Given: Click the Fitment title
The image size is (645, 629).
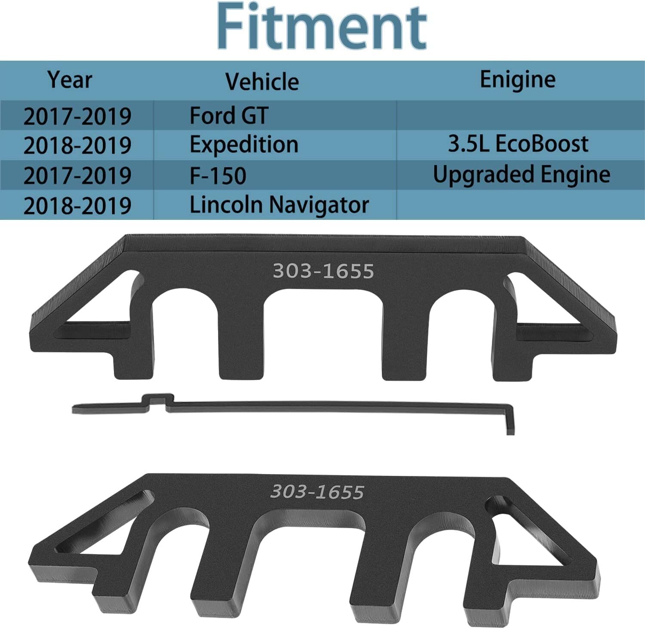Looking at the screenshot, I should pos(322,27).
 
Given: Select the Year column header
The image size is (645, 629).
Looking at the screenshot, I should pos(70,80).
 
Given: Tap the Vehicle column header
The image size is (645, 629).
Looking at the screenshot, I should pos(262,81).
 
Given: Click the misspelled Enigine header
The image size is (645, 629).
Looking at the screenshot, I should pos(517,80).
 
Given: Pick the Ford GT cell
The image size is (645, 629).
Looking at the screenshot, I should pos(229,116).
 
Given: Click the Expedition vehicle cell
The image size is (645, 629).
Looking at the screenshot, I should pos(244,145).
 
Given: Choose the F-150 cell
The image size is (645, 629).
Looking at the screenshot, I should pos(218,176).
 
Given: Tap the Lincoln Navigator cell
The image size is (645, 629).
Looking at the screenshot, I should pos(279,205).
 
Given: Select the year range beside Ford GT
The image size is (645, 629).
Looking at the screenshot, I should pos(77,117).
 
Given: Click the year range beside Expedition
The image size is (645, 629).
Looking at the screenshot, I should pos(77,145).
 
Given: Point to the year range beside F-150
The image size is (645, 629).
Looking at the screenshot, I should pos(77,176).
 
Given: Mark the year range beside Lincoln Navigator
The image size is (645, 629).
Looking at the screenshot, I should pos(77,206).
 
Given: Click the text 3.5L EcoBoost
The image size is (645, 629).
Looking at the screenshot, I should pos(518,144).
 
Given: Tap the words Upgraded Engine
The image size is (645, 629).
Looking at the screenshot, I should pos(521,174).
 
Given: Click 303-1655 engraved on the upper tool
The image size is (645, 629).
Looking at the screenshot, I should pos(323,271).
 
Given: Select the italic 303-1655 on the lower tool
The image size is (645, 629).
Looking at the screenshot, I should pos(317,492).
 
